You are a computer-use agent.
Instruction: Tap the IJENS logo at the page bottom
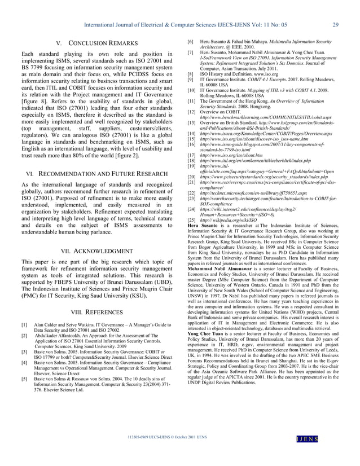click(324, 453)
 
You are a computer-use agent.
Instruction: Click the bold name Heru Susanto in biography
click(201, 225)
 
